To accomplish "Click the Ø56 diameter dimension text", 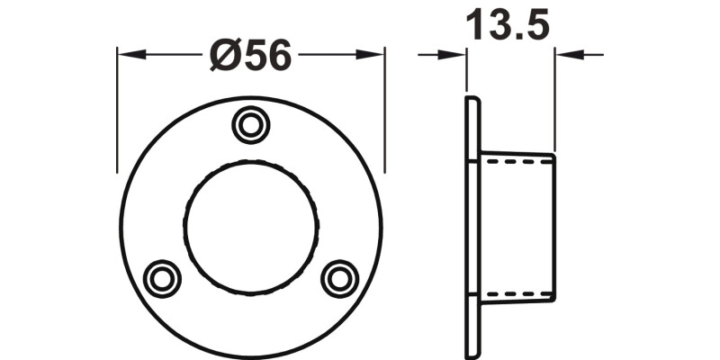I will click(251, 56).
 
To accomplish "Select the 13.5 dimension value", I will click(507, 27).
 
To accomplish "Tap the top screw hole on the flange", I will click(249, 124).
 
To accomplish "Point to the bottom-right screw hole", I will click(338, 276).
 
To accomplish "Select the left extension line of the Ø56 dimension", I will click(118, 108).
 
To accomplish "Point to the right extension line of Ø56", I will click(385, 108).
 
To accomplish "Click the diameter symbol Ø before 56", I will click(225, 56).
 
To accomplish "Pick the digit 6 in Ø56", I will click(279, 56).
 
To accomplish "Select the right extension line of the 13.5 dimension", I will click(554, 99).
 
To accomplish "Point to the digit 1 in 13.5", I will click(474, 27).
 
